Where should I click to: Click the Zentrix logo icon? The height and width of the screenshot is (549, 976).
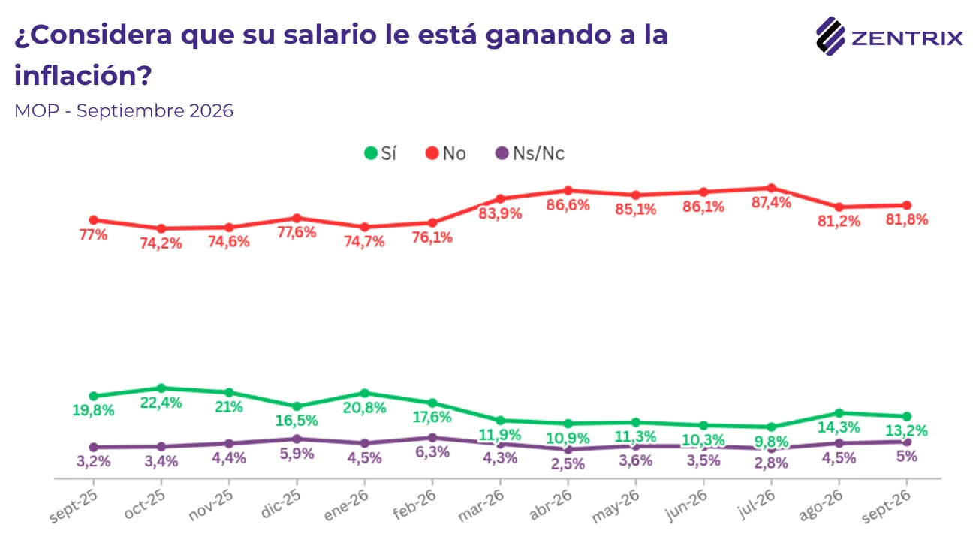(x=830, y=36)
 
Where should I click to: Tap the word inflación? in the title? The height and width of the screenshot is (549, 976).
(x=83, y=75)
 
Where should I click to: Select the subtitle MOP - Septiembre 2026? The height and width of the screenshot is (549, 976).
(x=124, y=110)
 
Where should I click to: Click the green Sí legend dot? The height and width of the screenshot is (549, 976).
(x=370, y=153)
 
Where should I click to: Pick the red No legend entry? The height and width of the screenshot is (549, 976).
(x=445, y=153)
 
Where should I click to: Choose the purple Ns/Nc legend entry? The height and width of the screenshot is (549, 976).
(x=530, y=153)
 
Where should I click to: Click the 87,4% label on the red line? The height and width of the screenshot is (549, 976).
(x=771, y=202)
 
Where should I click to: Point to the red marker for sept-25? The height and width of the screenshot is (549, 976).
(x=93, y=220)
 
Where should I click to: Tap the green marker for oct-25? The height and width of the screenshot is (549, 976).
(x=161, y=388)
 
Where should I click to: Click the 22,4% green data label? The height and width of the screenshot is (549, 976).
(x=161, y=403)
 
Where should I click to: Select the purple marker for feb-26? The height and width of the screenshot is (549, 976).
(x=432, y=437)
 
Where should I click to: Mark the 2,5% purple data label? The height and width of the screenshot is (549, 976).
(x=568, y=463)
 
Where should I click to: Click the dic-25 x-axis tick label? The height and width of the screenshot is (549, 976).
(x=281, y=504)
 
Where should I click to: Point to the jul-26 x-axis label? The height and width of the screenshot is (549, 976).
(x=756, y=504)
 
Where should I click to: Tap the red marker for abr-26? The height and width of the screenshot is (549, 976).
(x=568, y=191)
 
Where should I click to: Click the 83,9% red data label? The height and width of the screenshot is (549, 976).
(x=500, y=213)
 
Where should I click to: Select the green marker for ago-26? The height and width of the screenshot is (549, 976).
(x=839, y=412)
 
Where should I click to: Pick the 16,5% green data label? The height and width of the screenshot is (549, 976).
(x=297, y=421)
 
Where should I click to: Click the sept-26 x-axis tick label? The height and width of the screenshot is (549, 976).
(x=886, y=506)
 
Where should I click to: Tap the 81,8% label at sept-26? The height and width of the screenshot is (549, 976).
(x=907, y=219)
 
